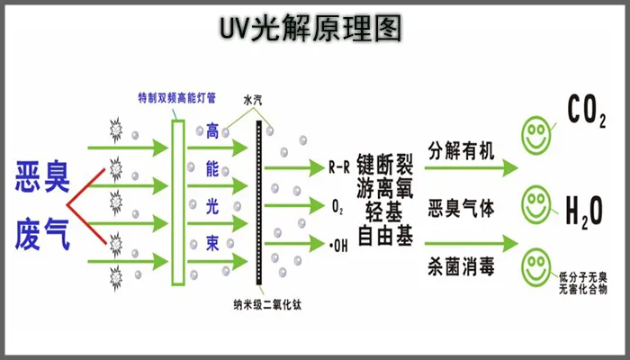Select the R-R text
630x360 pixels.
click(338, 166)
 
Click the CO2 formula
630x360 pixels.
click(586, 110)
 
